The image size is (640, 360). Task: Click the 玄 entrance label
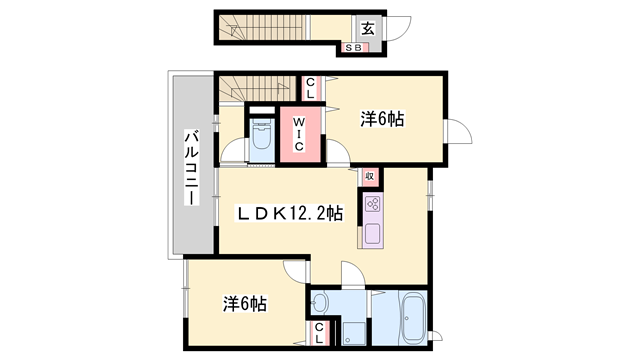(x=367, y=28)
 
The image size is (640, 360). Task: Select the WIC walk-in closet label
(x=299, y=132)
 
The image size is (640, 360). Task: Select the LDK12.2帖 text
(x=290, y=213)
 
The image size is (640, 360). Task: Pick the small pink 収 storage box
(x=369, y=177)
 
